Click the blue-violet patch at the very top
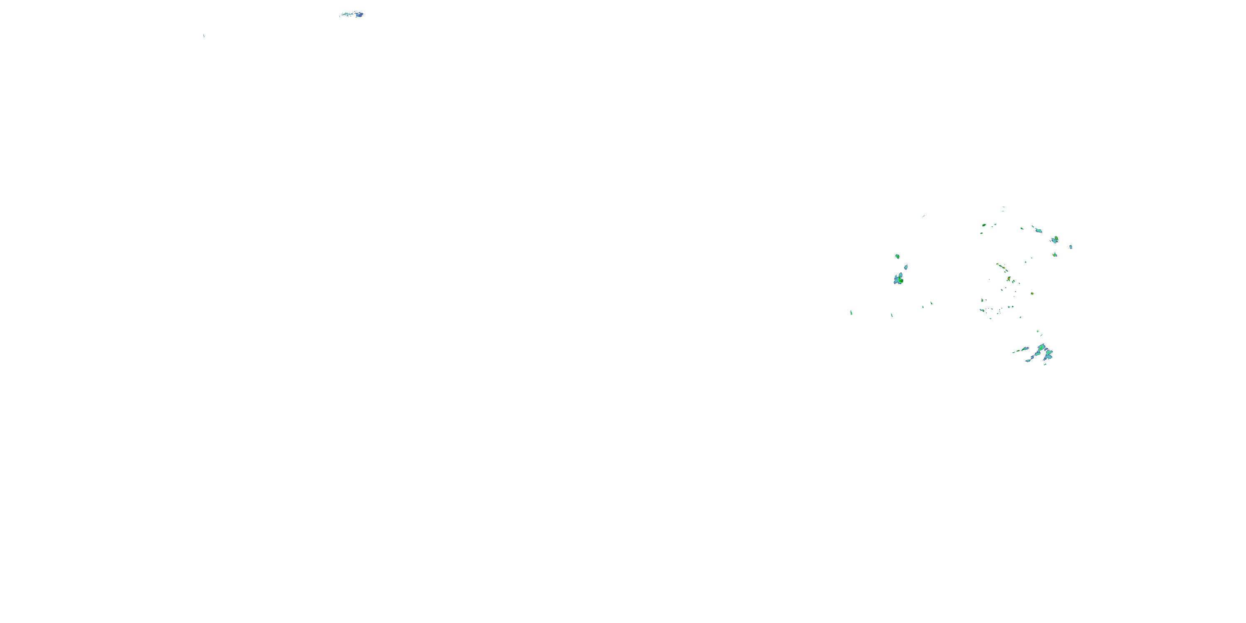(359, 15)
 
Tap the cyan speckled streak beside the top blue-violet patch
(346, 15)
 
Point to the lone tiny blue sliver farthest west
(204, 36)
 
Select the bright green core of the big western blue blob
(901, 280)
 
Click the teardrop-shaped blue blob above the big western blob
(906, 267)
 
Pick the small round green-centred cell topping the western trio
(897, 256)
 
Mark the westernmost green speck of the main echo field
(851, 313)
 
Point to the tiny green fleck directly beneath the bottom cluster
(1045, 364)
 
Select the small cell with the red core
(1008, 279)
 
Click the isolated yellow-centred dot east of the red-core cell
(1032, 293)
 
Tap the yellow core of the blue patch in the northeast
(1056, 238)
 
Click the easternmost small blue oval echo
(1071, 247)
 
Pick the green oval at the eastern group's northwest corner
(984, 225)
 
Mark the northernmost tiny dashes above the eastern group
(1003, 207)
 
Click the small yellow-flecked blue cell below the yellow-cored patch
(1055, 255)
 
